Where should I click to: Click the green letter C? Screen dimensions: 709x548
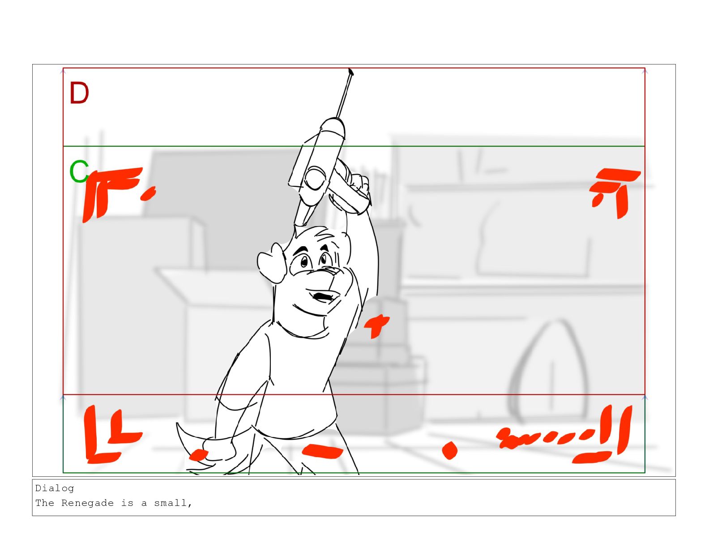tap(79, 171)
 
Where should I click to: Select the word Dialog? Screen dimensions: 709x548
tap(55, 488)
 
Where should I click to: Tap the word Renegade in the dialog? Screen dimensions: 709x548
tap(87, 503)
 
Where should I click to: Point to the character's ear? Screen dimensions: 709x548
tap(271, 263)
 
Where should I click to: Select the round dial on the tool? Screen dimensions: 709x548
tap(315, 178)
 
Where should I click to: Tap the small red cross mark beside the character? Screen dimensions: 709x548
tap(376, 325)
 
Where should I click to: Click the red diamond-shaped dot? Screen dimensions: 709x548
tap(449, 450)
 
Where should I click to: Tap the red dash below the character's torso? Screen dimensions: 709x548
tap(322, 452)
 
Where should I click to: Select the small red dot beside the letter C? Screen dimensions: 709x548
tap(148, 194)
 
